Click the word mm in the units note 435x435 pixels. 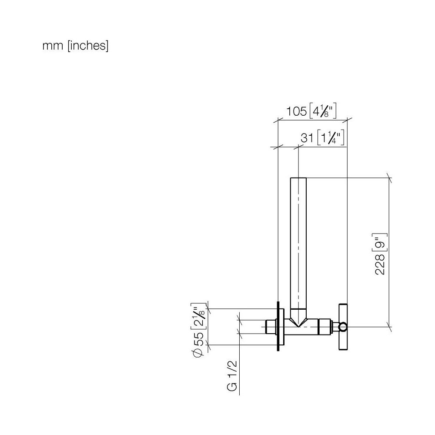[x=53, y=46]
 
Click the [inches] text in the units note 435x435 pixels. [x=88, y=46]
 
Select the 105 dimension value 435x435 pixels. [x=297, y=111]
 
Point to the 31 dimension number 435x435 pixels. [x=307, y=137]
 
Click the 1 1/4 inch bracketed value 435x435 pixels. [x=331, y=137]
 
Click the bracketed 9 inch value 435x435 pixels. [x=381, y=242]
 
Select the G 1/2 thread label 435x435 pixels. [x=232, y=376]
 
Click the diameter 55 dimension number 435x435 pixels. [x=199, y=339]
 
